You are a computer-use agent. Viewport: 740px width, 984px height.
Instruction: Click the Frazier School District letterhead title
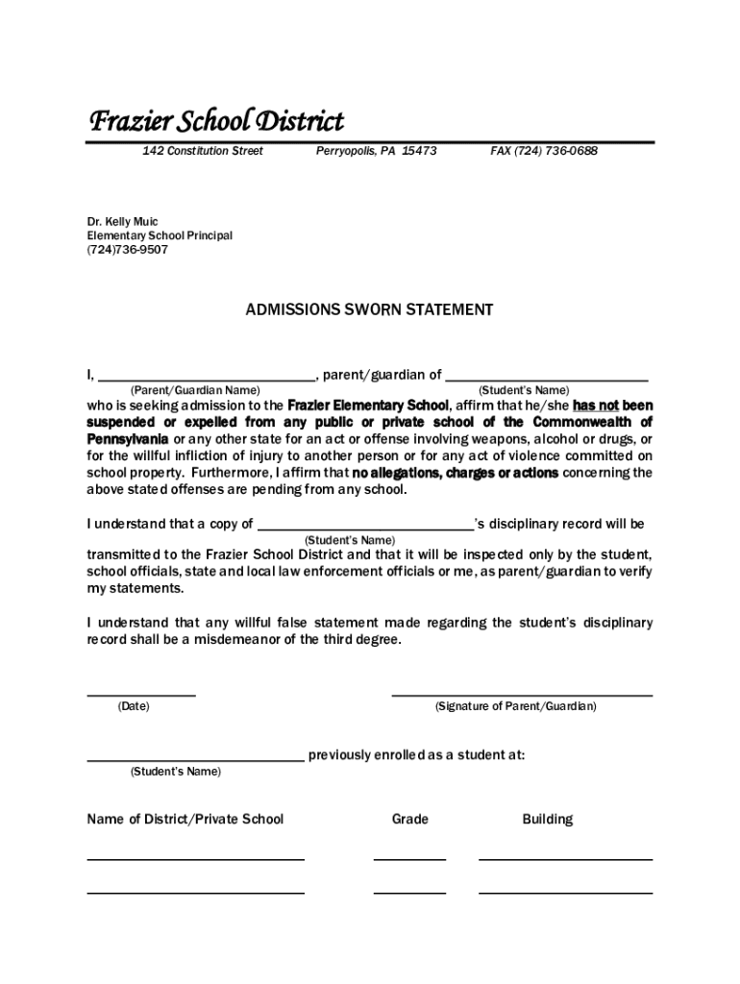215,122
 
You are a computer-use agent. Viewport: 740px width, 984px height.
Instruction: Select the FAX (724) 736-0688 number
543,152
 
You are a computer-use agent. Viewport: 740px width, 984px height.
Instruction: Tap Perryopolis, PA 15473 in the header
376,152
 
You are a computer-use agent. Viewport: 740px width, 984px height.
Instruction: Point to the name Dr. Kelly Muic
123,222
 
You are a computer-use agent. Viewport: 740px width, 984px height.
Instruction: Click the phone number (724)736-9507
128,250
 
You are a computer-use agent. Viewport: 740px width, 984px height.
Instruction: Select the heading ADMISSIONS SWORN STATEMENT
369,309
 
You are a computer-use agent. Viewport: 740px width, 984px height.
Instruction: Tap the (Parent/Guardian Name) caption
195,391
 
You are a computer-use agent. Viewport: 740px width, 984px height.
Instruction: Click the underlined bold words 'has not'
595,406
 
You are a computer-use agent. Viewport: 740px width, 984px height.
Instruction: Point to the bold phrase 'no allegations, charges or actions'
455,473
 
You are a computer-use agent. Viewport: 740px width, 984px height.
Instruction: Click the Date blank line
141,693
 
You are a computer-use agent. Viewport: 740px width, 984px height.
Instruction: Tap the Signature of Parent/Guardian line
522,693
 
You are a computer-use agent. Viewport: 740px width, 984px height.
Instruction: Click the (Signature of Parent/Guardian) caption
516,706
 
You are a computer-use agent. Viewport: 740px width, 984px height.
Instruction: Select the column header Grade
410,820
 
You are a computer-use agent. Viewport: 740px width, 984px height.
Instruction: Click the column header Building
548,820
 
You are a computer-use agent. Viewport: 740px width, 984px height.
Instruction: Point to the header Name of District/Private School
185,820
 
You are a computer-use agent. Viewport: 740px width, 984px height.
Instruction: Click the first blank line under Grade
409,858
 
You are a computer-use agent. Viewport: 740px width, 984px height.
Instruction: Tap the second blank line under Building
565,892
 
